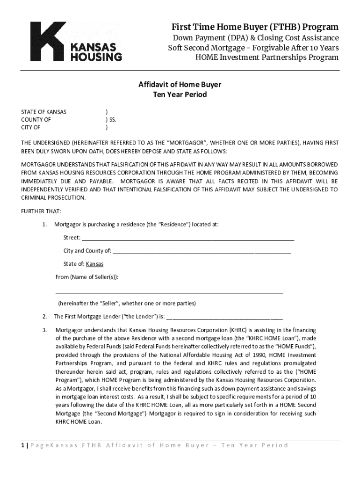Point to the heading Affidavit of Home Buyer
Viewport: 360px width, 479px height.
coord(180,85)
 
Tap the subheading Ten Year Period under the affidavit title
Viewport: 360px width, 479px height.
coord(180,94)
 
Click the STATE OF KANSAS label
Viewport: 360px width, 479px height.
coord(43,112)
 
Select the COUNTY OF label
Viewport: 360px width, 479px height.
coord(36,120)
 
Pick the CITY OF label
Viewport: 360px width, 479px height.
coord(30,127)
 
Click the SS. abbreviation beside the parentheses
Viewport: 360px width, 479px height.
coord(113,120)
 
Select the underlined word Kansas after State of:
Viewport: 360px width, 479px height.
coord(95,264)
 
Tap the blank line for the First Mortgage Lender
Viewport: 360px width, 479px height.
coord(224,317)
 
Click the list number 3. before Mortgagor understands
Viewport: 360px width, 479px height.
coord(44,330)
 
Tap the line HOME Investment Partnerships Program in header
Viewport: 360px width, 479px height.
coord(266,58)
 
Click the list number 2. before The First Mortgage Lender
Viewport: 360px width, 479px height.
coord(44,316)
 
